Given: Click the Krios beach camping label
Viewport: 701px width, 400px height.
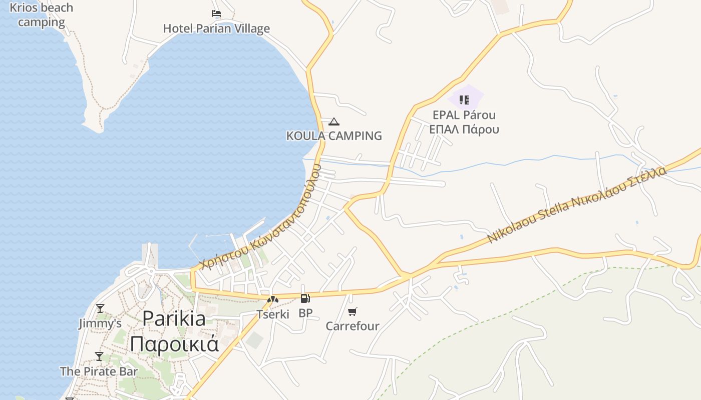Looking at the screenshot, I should point(41,15).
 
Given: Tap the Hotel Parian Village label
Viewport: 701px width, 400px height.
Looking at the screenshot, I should point(216,28).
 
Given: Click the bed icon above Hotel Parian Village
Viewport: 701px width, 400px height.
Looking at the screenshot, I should point(216,13).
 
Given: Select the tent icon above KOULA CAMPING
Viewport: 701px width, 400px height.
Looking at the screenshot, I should point(334,121).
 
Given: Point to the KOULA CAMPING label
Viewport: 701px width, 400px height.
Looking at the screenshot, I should point(334,135).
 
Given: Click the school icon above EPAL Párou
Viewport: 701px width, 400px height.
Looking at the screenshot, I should point(464,99).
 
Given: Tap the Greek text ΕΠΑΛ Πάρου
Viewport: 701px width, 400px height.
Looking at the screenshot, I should point(464,129).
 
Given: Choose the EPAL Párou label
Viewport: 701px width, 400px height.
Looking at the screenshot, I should point(464,115).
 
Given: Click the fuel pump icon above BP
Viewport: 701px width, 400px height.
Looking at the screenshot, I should point(305,298).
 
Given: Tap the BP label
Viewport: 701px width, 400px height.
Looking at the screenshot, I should point(305,313).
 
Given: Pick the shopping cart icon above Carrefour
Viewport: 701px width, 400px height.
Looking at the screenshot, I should point(353,312).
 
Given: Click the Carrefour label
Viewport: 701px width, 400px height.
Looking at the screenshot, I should point(353,326).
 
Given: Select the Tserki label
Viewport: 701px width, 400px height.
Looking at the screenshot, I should point(273,314).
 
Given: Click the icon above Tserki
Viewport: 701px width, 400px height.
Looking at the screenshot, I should point(273,300).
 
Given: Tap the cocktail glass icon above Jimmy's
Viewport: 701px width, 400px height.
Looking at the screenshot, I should point(100,308).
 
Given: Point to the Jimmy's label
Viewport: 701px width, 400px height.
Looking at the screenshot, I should point(100,323).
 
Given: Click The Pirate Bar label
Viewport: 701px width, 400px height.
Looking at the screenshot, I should point(99,371).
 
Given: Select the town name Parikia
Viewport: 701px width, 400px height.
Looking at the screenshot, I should point(174,318).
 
